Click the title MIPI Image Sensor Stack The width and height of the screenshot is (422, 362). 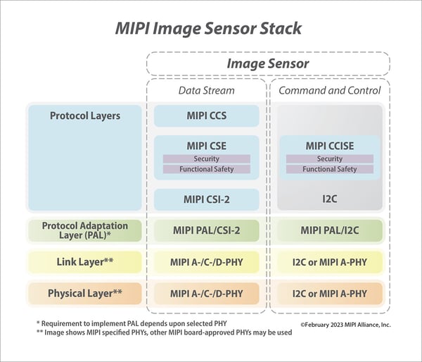click(208, 29)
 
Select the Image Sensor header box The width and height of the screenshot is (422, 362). click(268, 64)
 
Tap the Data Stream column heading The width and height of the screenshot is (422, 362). click(207, 90)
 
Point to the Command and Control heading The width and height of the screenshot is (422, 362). click(330, 90)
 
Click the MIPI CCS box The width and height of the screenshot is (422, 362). click(207, 116)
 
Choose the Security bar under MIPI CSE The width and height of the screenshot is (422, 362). click(207, 159)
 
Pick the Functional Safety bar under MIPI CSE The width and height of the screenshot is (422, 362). click(207, 169)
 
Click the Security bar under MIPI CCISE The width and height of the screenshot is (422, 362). click(330, 159)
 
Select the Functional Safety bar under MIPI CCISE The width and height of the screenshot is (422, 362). click(330, 169)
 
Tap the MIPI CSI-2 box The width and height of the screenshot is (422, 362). click(207, 199)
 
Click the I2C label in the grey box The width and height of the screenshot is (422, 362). click(330, 199)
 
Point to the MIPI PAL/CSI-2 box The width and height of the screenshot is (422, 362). click(207, 231)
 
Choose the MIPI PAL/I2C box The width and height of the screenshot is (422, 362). click(330, 231)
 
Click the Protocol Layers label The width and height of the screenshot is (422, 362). click(84, 116)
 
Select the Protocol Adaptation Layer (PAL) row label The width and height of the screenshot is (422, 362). click(84, 231)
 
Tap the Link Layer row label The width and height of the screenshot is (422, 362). click(84, 263)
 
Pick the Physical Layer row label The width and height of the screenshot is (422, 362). click(84, 293)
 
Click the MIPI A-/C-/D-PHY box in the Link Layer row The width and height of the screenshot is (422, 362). click(207, 263)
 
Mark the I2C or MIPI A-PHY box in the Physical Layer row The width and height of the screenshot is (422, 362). click(330, 293)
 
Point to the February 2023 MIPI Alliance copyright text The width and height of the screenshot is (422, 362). click(345, 325)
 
